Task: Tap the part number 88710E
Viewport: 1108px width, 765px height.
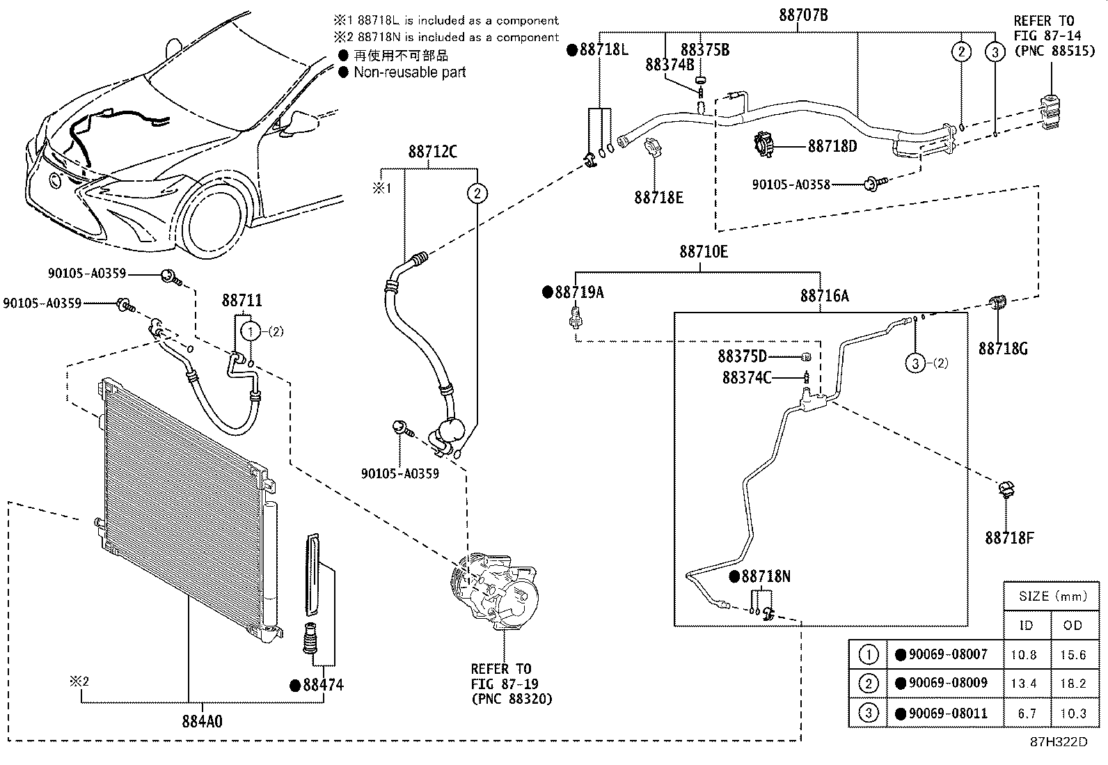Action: point(704,252)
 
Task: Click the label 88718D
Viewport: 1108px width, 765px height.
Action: point(832,146)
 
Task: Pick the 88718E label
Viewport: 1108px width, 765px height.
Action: point(658,198)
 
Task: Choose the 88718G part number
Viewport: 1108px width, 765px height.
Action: point(1003,348)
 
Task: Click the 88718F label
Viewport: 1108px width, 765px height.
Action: point(1009,537)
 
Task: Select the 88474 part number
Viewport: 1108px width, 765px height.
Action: point(323,685)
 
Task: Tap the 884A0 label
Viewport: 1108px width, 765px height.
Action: point(202,721)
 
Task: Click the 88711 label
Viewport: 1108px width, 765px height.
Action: point(242,300)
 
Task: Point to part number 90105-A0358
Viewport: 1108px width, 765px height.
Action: point(791,184)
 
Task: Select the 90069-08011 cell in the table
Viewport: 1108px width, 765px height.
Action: point(947,713)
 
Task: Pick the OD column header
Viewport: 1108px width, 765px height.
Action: point(1073,625)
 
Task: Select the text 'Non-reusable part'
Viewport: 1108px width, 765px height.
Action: point(409,72)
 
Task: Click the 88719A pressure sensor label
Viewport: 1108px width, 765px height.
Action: point(579,292)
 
